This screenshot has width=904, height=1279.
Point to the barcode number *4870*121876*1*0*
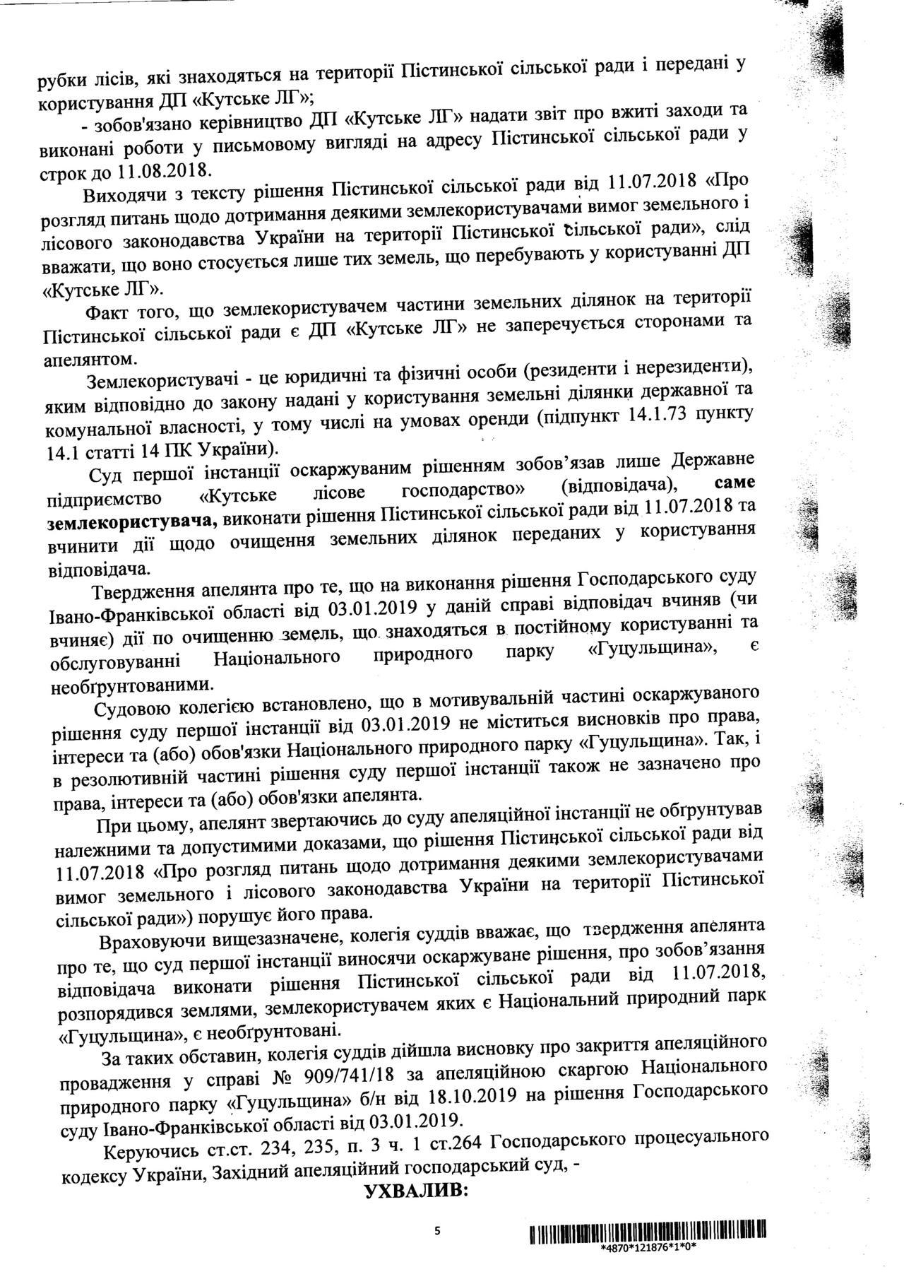pos(648,1247)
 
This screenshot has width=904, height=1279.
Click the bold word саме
pos(735,483)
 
